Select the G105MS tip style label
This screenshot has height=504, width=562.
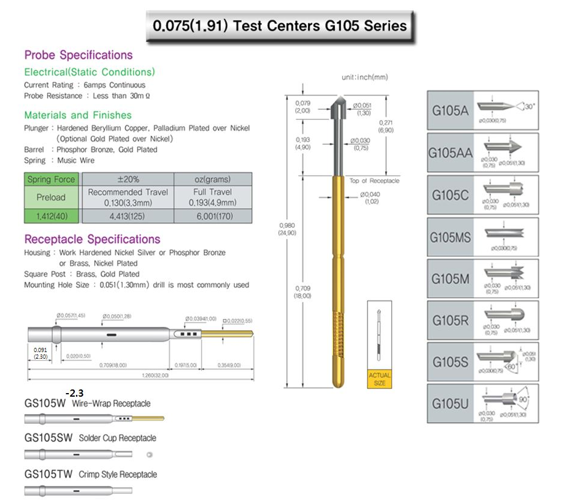(x=450, y=237)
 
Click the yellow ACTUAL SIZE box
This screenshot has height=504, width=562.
(x=380, y=379)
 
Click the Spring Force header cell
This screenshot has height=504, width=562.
(x=51, y=179)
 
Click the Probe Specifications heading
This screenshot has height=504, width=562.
(x=78, y=55)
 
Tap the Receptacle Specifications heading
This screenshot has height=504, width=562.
(x=92, y=239)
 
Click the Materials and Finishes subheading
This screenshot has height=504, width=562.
(x=78, y=115)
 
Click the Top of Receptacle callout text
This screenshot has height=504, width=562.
(x=374, y=181)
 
